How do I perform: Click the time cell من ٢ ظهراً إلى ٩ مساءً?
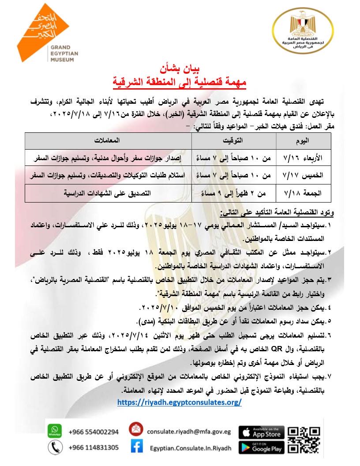[x=234, y=193]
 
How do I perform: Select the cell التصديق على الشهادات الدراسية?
[x=108, y=193]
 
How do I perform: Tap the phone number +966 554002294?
[x=94, y=432]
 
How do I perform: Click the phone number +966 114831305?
[x=94, y=447]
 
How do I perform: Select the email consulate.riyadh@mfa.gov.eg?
[x=189, y=432]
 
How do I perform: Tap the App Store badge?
[x=261, y=432]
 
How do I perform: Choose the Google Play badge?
[x=261, y=447]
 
